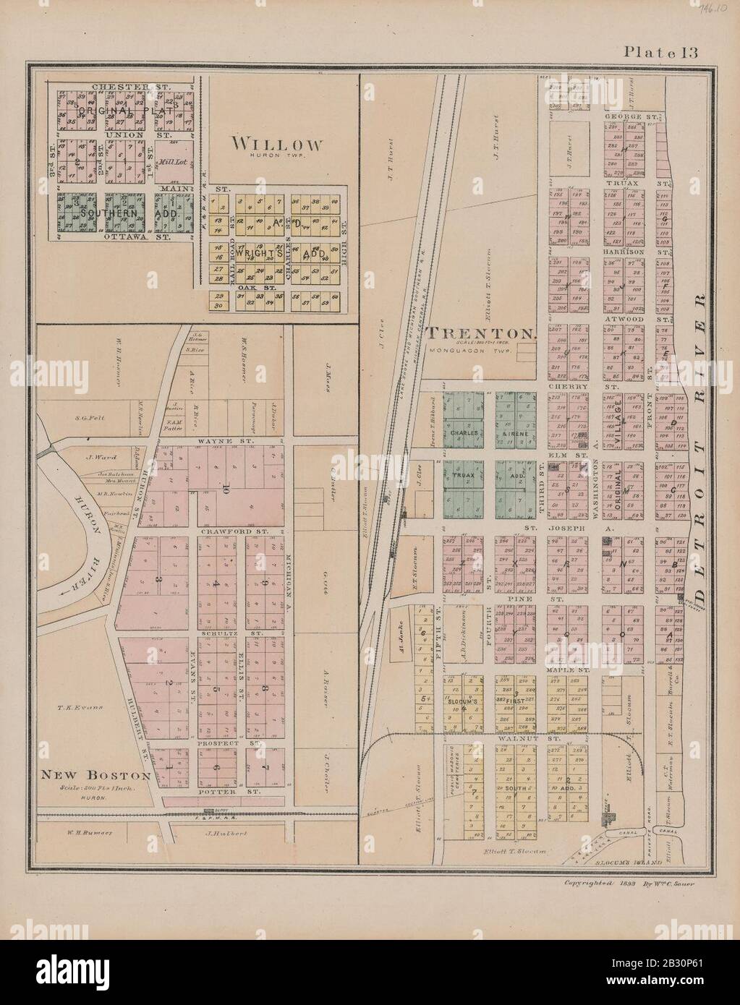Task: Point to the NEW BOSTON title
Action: [x=95, y=774]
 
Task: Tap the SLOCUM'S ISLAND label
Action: [x=634, y=863]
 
